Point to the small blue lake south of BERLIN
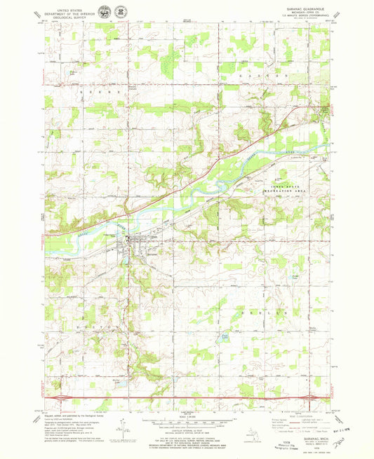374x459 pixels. point(225,338)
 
